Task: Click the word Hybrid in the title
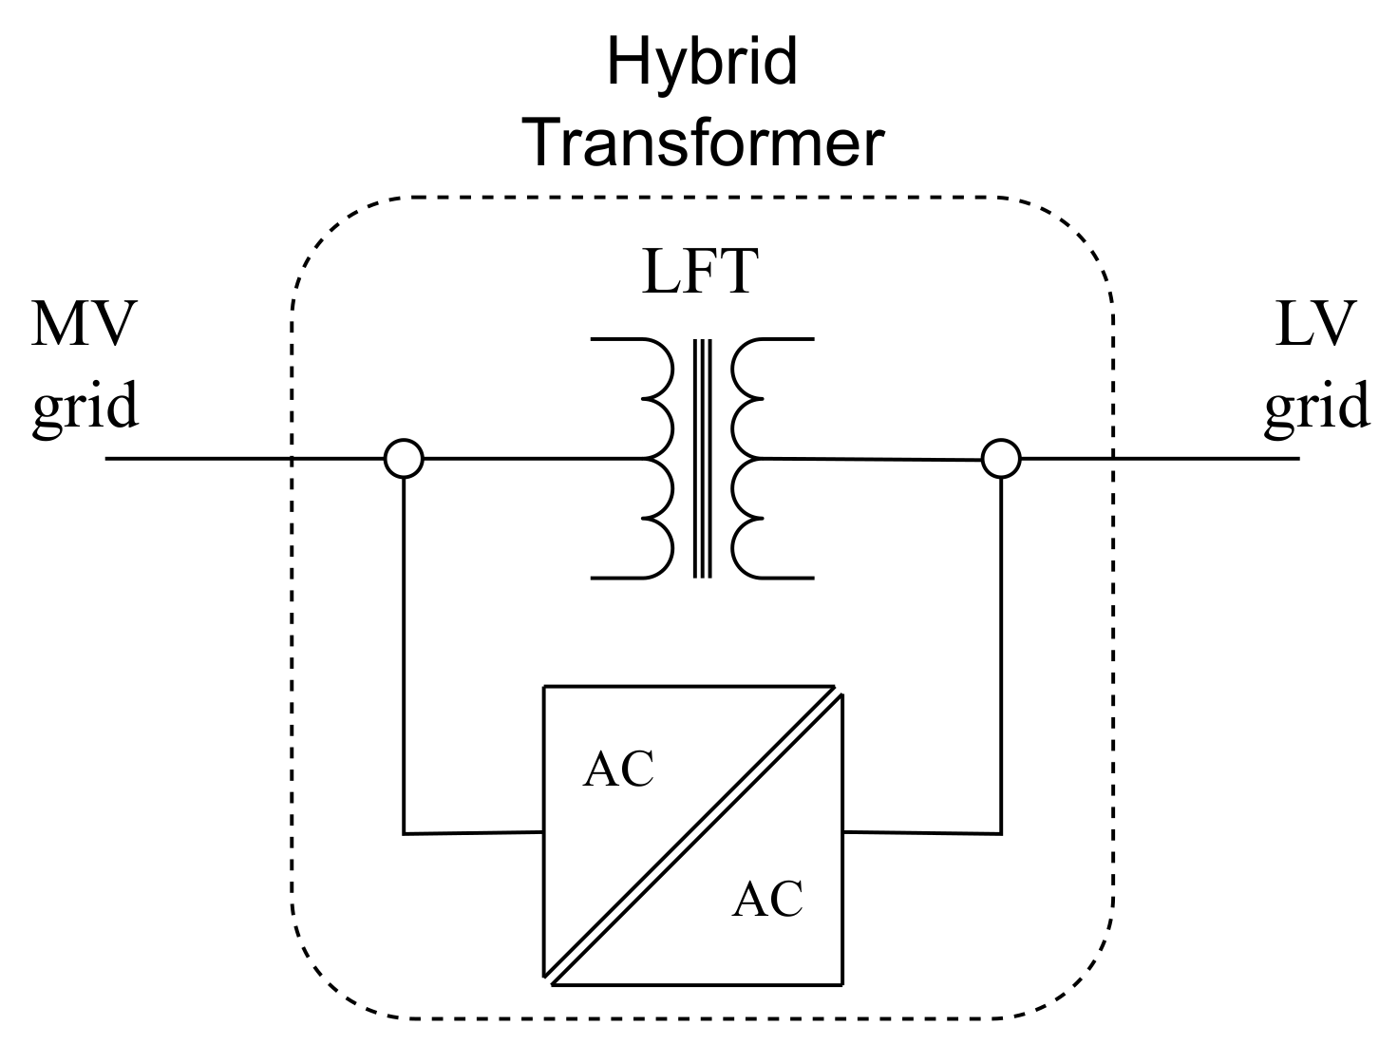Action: (701, 63)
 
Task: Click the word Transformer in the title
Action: (705, 142)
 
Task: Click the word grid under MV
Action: (85, 406)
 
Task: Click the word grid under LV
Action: (1316, 406)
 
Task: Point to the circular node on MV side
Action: (403, 459)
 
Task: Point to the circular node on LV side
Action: (1000, 459)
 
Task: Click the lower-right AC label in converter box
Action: (767, 899)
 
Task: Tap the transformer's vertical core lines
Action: (702, 458)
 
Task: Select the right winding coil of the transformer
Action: (750, 458)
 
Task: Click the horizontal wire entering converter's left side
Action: (473, 833)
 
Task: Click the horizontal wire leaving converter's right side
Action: (921, 832)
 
